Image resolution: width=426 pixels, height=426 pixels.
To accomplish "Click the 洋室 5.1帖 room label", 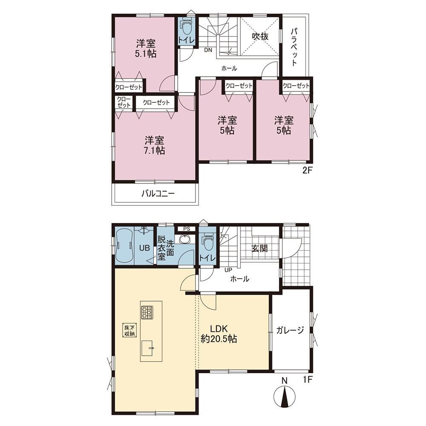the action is tap(146, 49).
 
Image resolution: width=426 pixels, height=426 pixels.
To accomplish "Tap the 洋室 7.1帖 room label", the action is tap(154, 145).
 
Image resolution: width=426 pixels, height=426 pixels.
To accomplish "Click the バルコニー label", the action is tap(158, 194).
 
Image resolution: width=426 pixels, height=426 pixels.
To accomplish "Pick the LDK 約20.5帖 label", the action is tap(219, 334).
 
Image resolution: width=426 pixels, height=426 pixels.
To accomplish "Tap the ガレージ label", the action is tap(290, 331).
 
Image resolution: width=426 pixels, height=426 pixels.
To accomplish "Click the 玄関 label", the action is tap(260, 248).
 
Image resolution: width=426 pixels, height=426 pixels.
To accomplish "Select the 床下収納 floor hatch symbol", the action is tap(130, 331).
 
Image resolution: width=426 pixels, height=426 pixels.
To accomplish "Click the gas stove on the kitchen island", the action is tap(147, 312).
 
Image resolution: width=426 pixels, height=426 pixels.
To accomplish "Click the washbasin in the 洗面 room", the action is tap(185, 239).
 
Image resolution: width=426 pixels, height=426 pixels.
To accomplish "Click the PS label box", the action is tap(187, 229).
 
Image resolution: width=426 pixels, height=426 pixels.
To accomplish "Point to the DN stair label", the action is tap(208, 50).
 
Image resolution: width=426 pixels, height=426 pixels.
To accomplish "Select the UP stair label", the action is tap(228, 271).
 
